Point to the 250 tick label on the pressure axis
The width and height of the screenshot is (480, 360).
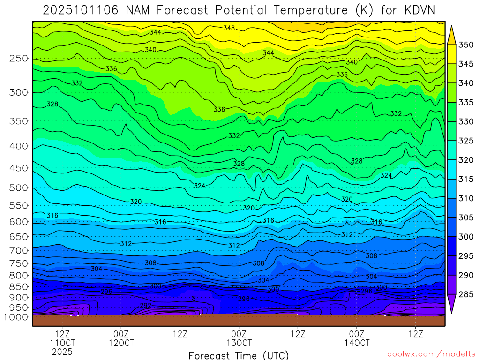(x=19, y=59)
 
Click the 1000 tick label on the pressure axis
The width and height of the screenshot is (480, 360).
(x=17, y=317)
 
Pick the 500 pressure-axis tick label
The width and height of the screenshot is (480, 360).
(x=19, y=188)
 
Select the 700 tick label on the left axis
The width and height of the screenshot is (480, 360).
(x=19, y=250)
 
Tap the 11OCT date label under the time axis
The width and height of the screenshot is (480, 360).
(x=63, y=343)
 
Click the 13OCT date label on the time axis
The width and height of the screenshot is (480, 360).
(x=239, y=343)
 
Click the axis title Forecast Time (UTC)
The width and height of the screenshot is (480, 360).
(x=239, y=355)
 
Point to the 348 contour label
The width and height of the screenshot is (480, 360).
(x=229, y=28)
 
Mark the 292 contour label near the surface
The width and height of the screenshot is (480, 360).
(x=146, y=306)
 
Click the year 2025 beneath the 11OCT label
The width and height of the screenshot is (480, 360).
(x=63, y=352)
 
